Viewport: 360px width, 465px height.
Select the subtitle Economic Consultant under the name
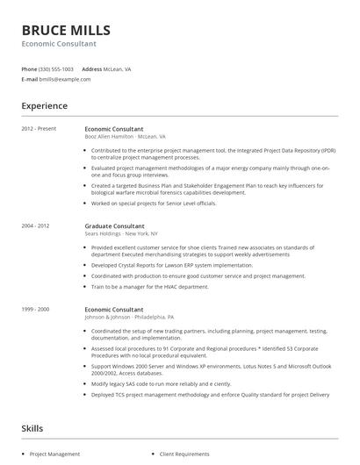pyautogui.click(x=60, y=43)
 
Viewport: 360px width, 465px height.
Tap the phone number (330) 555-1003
pyautogui.click(x=56, y=68)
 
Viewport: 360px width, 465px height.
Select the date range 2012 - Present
pyautogui.click(x=39, y=129)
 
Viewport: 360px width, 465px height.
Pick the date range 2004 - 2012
pyautogui.click(x=36, y=225)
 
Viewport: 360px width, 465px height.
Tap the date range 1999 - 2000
pyautogui.click(x=36, y=309)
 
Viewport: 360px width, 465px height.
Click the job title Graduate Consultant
pyautogui.click(x=115, y=225)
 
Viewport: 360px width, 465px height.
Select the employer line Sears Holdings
pyautogui.click(x=121, y=233)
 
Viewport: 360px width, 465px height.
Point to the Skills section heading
pyautogui.click(x=32, y=428)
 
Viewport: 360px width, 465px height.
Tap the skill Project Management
pyautogui.click(x=54, y=454)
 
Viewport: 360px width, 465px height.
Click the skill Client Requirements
pyautogui.click(x=184, y=454)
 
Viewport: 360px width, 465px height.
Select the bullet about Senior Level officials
pyautogui.click(x=154, y=204)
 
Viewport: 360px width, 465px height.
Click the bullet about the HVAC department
pyautogui.click(x=150, y=287)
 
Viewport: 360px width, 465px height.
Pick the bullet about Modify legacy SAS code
pyautogui.click(x=161, y=383)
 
